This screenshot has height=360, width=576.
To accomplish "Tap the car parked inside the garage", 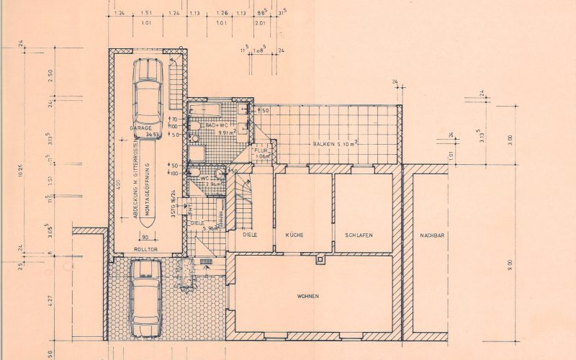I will [148, 91].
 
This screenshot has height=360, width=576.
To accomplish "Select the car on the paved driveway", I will [145, 297].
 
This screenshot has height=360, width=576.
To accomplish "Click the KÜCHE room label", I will [294, 235].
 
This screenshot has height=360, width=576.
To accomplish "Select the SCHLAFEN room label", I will [358, 235].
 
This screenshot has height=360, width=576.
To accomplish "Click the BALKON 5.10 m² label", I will [335, 144].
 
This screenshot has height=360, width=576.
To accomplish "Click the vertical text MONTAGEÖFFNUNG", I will [148, 191].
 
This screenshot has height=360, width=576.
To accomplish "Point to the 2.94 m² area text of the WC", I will [213, 184].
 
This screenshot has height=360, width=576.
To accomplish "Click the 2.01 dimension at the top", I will [260, 22].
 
